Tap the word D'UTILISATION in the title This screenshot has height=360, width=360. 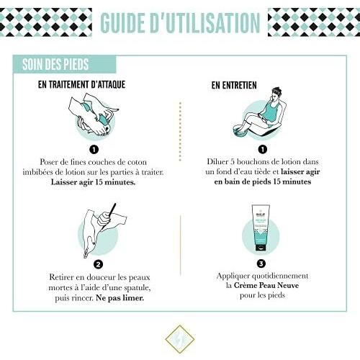pyautogui.click(x=205, y=22)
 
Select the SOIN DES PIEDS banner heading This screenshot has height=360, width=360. pyautogui.click(x=55, y=64)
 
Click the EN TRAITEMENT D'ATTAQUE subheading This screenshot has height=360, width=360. pyautogui.click(x=81, y=84)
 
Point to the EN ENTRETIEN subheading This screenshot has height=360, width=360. pyautogui.click(x=234, y=85)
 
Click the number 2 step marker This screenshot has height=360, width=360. pyautogui.click(x=98, y=264)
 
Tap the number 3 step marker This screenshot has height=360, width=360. pyautogui.click(x=261, y=264)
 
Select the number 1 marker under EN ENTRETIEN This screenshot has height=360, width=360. pyautogui.click(x=263, y=149)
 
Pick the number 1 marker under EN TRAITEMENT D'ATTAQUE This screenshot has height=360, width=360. pyautogui.click(x=94, y=150)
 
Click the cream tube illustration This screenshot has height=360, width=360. pyautogui.click(x=261, y=228)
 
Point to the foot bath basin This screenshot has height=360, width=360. pyautogui.click(x=242, y=132)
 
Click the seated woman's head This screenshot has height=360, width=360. pyautogui.click(x=276, y=94)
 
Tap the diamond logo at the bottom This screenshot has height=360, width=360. pyautogui.click(x=180, y=339)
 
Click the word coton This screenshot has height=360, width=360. pyautogui.click(x=137, y=162)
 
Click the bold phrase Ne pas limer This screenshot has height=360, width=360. pyautogui.click(x=120, y=298)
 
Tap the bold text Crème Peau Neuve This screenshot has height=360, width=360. pyautogui.click(x=266, y=285)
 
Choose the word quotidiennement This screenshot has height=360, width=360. pyautogui.click(x=280, y=276)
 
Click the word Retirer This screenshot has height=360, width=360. pyautogui.click(x=61, y=277)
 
